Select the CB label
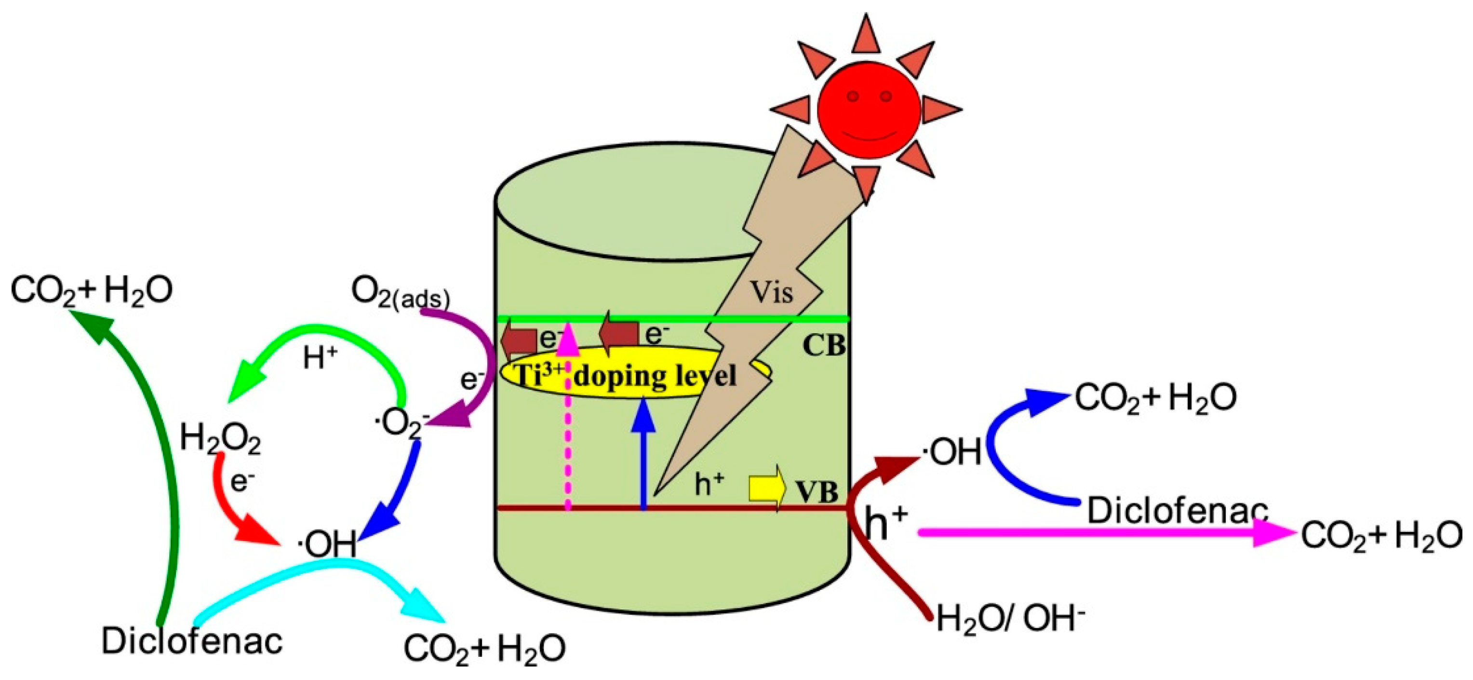pos(823,345)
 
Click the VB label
pos(817,492)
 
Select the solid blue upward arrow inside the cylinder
pos(644,452)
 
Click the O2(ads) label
pos(400,293)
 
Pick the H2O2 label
pos(221,439)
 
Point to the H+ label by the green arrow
pos(320,359)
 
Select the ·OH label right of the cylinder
pos(952,452)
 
